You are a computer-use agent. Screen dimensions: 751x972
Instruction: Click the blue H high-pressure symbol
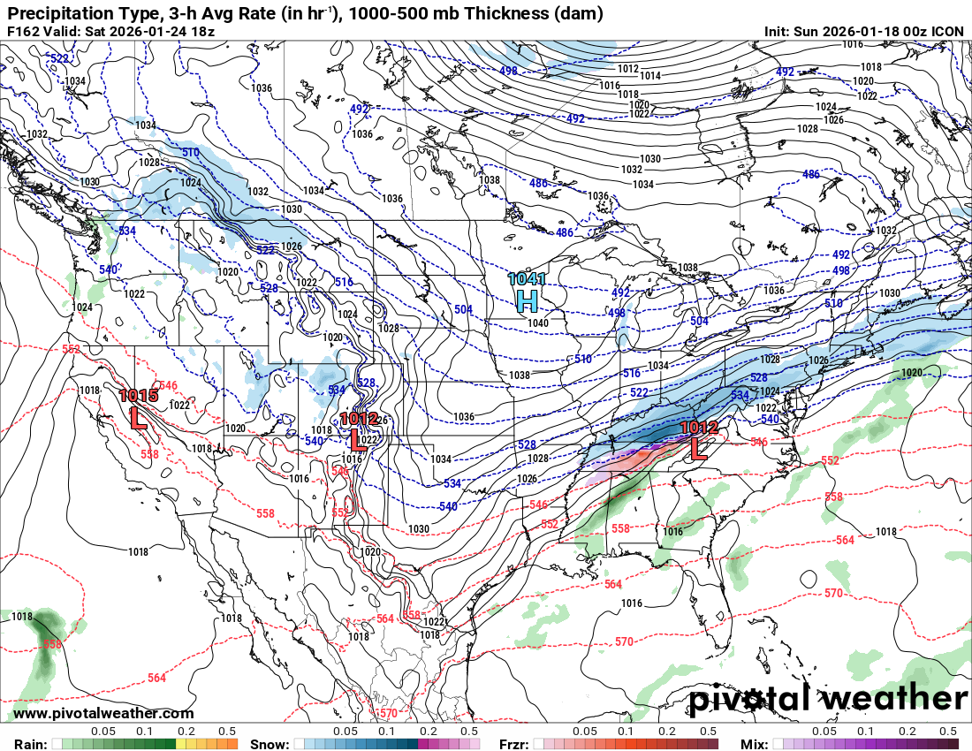pyautogui.click(x=527, y=301)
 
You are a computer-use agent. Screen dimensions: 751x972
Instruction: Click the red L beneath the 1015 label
pyautogui.click(x=139, y=418)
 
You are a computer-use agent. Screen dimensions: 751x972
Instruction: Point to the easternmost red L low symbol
pyautogui.click(x=698, y=448)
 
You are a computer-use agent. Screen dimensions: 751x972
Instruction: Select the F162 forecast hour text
pyautogui.click(x=24, y=32)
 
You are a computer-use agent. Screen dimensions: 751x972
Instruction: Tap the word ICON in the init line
pyautogui.click(x=948, y=32)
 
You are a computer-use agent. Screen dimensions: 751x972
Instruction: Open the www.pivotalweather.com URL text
pyautogui.click(x=103, y=713)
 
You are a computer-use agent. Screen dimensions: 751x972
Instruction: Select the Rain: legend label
pyautogui.click(x=30, y=744)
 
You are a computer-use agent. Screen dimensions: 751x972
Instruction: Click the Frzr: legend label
pyautogui.click(x=516, y=744)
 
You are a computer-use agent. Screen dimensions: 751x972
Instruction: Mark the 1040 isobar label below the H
pyautogui.click(x=538, y=322)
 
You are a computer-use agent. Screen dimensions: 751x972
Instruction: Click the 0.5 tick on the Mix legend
pyautogui.click(x=948, y=732)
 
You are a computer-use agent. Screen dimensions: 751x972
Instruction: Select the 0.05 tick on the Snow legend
pyautogui.click(x=346, y=732)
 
